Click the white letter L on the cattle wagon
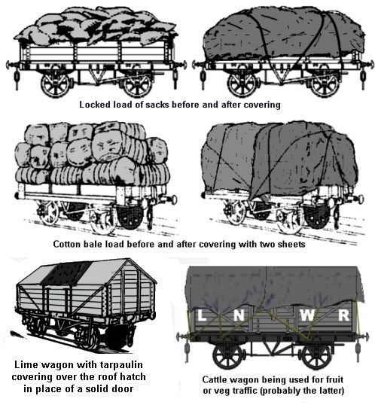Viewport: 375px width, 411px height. (201, 315)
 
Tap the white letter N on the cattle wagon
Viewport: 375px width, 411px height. (239, 315)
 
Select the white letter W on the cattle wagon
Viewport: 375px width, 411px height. (306, 315)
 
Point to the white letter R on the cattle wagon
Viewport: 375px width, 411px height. (344, 315)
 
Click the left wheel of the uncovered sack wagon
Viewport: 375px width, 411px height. (56, 84)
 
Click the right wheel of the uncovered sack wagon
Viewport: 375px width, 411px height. (138, 84)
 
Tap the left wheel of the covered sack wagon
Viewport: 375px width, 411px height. (242, 84)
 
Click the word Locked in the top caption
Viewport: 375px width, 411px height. (95, 105)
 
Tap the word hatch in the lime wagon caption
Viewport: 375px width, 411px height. (133, 376)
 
